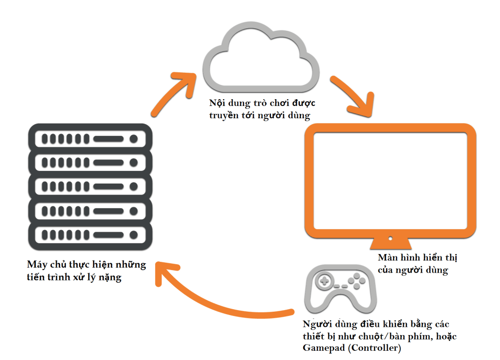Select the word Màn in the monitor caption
[389, 257]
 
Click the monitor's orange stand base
[390, 243]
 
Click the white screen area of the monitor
[390, 181]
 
